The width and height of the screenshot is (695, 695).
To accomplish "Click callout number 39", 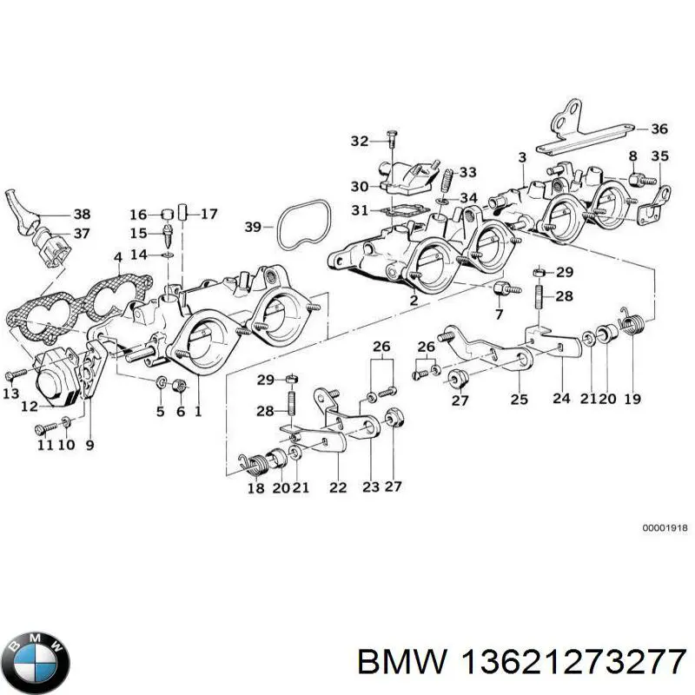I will click(253, 228).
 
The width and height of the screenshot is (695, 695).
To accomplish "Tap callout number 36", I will click(659, 129).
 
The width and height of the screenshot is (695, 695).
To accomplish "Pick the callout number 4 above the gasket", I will click(117, 256).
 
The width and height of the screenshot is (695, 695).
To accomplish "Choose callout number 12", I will click(29, 407).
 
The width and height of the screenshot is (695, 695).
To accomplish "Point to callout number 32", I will click(360, 141).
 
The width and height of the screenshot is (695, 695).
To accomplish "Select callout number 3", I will click(521, 157).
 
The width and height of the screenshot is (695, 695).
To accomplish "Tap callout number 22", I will click(337, 487).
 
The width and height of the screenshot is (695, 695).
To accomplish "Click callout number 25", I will click(519, 399).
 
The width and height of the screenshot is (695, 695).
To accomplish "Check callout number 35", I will click(660, 157).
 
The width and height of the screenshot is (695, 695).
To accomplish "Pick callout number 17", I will click(209, 213).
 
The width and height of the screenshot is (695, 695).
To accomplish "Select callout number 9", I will click(89, 444).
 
